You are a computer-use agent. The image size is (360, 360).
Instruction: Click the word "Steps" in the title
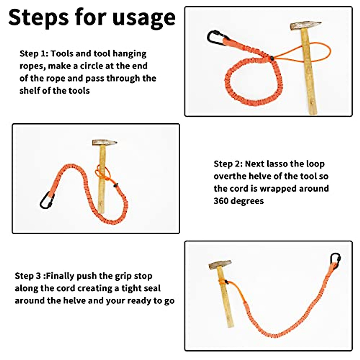(x=38, y=18)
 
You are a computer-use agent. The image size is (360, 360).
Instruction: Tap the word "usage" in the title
(x=144, y=18)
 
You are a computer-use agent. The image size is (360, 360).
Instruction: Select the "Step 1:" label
(x=34, y=54)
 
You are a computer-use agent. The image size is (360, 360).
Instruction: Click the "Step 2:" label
(x=228, y=164)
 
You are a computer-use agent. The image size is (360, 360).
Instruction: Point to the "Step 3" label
(x=28, y=276)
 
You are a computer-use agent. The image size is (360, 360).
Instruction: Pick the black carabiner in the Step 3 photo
(x=335, y=260)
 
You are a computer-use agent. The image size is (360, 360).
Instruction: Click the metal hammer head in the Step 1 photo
(x=305, y=26)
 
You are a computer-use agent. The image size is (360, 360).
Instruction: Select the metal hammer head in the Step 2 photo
(x=105, y=142)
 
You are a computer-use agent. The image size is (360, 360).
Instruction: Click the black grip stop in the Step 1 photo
(x=271, y=58)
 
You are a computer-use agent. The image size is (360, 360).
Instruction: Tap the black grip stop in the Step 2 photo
(x=115, y=185)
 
